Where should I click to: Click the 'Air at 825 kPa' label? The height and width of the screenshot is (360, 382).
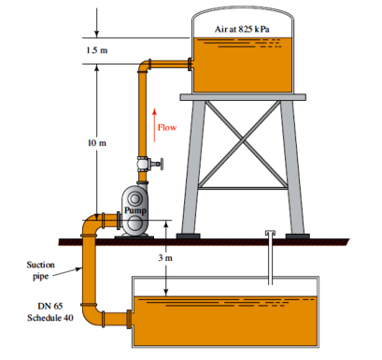coord(242,29)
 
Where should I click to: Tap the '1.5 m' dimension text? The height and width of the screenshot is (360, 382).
coord(97,50)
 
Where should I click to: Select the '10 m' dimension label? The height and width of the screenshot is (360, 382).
coord(97,143)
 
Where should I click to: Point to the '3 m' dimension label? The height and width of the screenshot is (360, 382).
coord(165,258)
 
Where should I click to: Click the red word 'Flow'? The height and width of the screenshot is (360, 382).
coord(167,127)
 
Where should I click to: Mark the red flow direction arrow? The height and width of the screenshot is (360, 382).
coord(154,125)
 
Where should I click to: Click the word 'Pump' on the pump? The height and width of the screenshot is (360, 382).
coord(135,210)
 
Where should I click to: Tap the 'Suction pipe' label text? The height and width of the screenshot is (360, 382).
coord(40,270)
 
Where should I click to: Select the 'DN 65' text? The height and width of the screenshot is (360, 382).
coord(50,306)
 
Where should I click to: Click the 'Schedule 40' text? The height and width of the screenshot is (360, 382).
coord(50,318)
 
